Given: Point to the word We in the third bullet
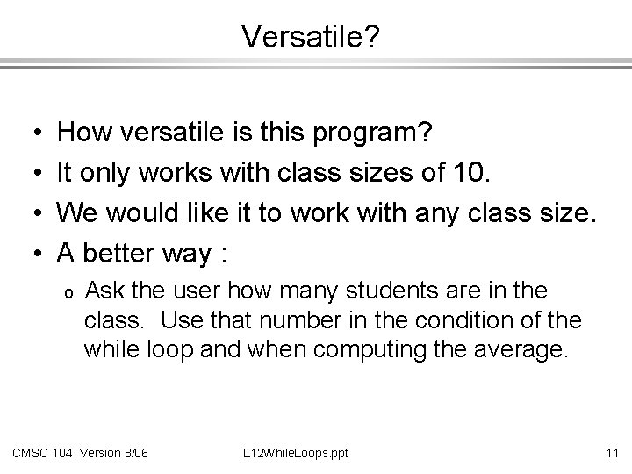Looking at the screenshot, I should pyautogui.click(x=78, y=213).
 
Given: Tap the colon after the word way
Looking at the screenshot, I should pyautogui.click(x=225, y=255).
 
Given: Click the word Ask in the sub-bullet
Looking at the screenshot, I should pyautogui.click(x=110, y=291).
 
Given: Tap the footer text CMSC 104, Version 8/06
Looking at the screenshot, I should pyautogui.click(x=80, y=453).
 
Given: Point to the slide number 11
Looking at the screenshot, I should pyautogui.click(x=612, y=453).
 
